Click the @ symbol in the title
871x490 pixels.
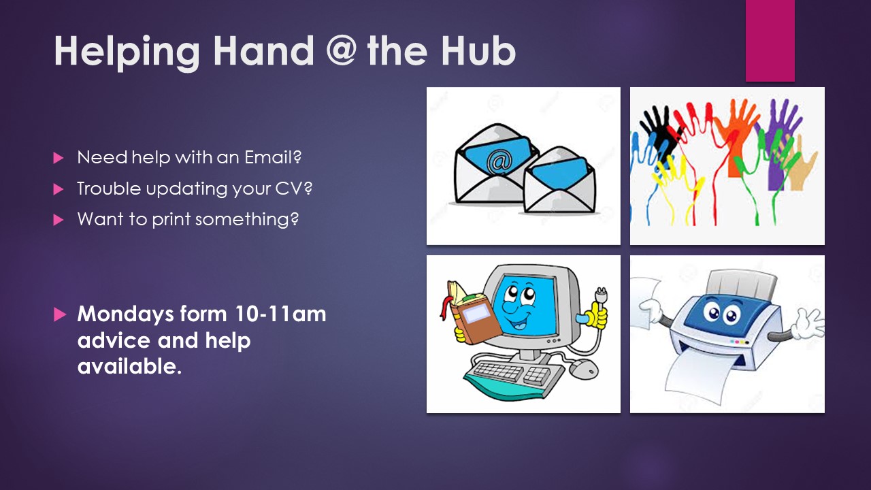tap(341, 51)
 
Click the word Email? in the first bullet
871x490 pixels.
tap(273, 157)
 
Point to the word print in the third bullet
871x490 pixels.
tap(171, 219)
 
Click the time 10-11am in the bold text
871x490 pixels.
tap(280, 314)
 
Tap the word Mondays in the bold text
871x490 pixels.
tap(125, 315)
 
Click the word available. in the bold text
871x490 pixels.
tap(129, 366)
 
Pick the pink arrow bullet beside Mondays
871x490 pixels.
tap(60, 314)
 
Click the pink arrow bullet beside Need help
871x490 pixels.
tap(59, 158)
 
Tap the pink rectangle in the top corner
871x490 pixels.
tap(770, 41)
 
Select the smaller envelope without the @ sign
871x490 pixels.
tap(559, 180)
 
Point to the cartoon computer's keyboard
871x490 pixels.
tap(512, 374)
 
